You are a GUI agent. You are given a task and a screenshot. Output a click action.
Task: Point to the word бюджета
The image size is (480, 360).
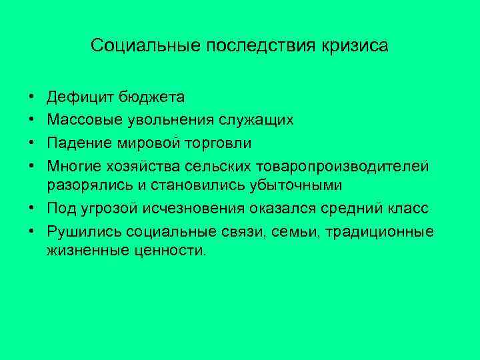(152, 97)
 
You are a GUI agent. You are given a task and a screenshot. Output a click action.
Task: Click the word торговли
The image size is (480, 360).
(224, 143)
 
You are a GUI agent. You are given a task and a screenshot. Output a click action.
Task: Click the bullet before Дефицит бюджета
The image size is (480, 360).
(32, 98)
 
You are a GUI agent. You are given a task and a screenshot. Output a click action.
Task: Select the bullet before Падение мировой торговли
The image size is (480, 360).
(32, 143)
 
